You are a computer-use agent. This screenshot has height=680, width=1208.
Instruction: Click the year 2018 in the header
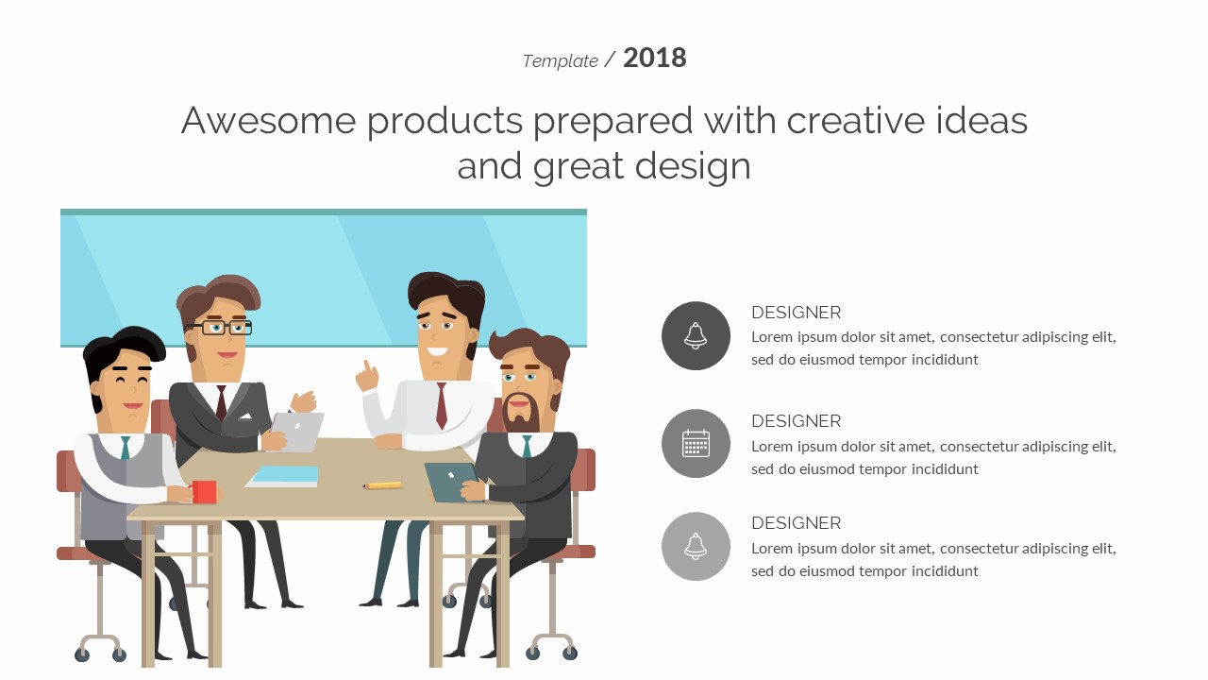[x=655, y=58]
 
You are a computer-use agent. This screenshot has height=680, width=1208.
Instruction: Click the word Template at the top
[x=560, y=61]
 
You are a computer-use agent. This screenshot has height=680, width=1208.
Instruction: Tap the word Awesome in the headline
[x=268, y=120]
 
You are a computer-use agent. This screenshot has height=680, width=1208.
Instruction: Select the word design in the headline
[x=693, y=166]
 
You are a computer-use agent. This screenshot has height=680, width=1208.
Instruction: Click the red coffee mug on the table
[x=204, y=491]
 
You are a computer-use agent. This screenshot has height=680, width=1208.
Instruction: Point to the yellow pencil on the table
[x=383, y=485]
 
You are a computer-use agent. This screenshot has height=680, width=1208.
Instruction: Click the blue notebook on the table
[x=282, y=477]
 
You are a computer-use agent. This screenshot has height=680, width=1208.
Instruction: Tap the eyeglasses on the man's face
[x=219, y=328]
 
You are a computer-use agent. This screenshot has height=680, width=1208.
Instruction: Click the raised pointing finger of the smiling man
[x=368, y=367]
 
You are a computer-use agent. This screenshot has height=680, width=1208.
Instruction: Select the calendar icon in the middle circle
[x=696, y=444]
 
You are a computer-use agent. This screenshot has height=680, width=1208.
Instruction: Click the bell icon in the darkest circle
[x=696, y=335]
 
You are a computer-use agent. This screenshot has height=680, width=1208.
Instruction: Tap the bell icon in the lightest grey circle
[x=696, y=546]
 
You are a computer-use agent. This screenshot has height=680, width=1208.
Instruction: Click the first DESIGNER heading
[x=796, y=313]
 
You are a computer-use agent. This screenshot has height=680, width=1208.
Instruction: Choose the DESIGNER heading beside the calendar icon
[x=796, y=421]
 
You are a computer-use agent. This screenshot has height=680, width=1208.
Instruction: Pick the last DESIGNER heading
[x=796, y=523]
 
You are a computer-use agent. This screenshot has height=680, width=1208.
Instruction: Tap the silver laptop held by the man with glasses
[x=297, y=432]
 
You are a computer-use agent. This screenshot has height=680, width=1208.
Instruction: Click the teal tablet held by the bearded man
[x=451, y=482]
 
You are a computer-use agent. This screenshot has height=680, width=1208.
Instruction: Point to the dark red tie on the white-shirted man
[x=442, y=405]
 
